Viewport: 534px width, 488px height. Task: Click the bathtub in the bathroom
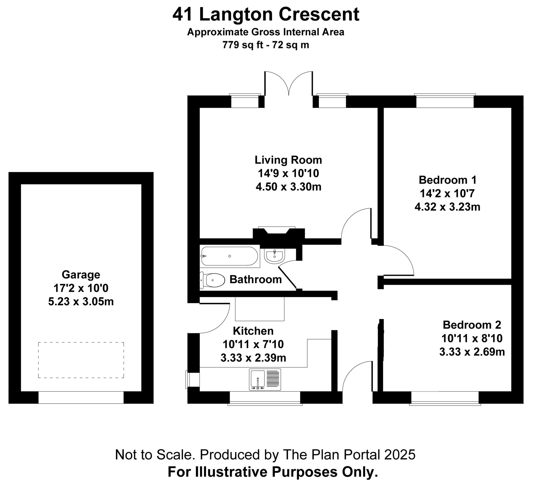tap(229, 256)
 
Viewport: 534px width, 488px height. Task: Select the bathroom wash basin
tap(274, 256)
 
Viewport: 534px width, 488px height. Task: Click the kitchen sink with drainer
tap(265, 379)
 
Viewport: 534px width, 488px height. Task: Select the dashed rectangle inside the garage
tap(81, 360)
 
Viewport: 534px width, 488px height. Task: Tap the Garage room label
tap(81, 274)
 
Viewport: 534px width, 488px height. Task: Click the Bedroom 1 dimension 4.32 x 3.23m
tap(447, 207)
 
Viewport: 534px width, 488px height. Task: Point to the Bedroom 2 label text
tap(472, 325)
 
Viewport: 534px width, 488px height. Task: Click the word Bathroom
tap(255, 280)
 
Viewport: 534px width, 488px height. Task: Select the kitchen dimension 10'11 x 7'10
tap(253, 344)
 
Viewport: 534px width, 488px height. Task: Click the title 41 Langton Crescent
tap(266, 14)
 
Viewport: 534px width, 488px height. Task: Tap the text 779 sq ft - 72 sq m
tap(266, 45)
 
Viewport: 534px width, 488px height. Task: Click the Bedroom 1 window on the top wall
tap(445, 101)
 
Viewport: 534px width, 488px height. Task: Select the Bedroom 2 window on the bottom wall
tap(445, 397)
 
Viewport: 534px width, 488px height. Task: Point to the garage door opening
tap(81, 397)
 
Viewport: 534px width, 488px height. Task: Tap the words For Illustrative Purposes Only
tap(272, 472)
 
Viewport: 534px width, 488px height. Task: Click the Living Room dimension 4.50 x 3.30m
tap(288, 187)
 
